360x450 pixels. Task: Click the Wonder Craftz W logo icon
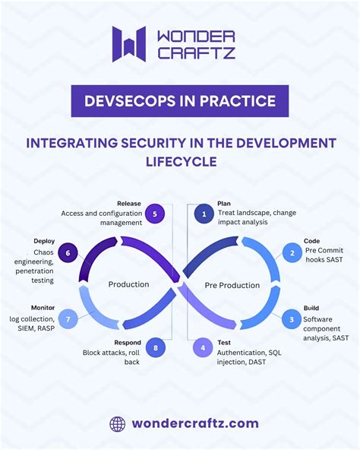pyautogui.click(x=128, y=44)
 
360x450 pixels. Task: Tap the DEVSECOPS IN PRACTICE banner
pyautogui.click(x=179, y=101)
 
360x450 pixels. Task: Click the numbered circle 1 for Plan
pyautogui.click(x=204, y=214)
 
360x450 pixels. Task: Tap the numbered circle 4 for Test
pyautogui.click(x=204, y=349)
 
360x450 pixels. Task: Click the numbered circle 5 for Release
pyautogui.click(x=155, y=214)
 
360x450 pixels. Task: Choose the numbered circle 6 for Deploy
pyautogui.click(x=68, y=253)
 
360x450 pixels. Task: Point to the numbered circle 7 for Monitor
pyautogui.click(x=68, y=319)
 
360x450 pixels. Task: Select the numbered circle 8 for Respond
pyautogui.click(x=156, y=349)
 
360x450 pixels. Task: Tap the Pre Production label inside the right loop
pyautogui.click(x=232, y=286)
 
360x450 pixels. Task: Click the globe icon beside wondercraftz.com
pyautogui.click(x=117, y=423)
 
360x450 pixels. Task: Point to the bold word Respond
pyautogui.click(x=128, y=343)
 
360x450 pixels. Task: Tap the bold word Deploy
pyautogui.click(x=44, y=241)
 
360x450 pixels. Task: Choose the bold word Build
pyautogui.click(x=311, y=308)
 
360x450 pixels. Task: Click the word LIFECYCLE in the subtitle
pyautogui.click(x=181, y=161)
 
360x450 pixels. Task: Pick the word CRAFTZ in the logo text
pyautogui.click(x=196, y=52)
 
